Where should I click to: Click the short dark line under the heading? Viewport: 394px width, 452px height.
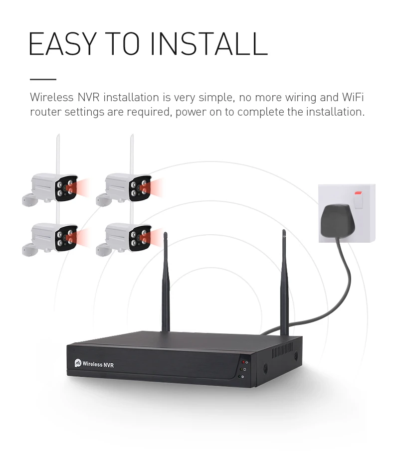coord(43,79)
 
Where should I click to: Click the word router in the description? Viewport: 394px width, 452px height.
coord(44,112)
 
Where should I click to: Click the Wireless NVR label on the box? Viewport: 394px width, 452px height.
coord(98,365)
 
